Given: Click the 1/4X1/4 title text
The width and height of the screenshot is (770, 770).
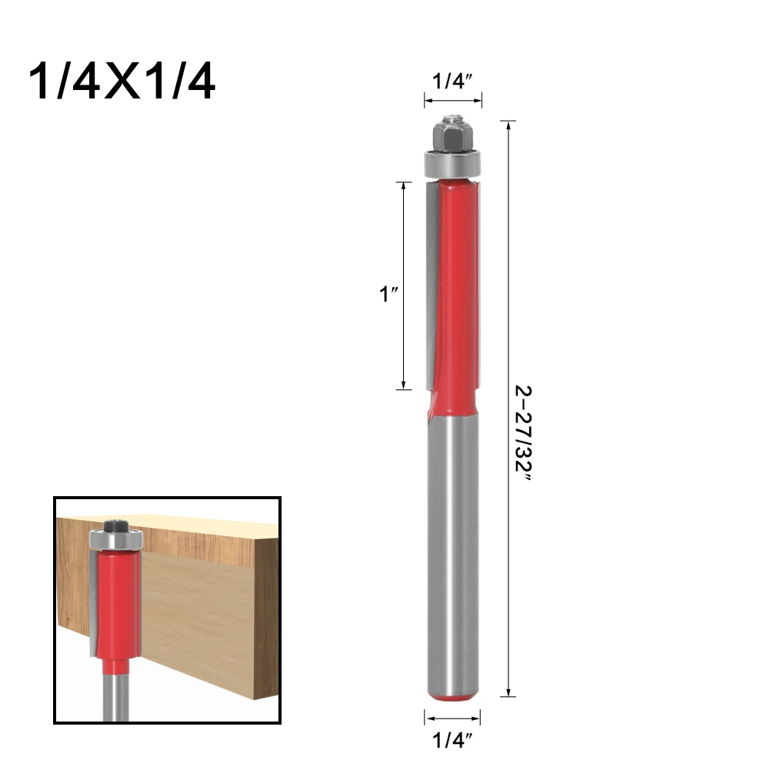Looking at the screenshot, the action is tap(122, 82).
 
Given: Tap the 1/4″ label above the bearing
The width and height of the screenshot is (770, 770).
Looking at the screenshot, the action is tap(452, 81).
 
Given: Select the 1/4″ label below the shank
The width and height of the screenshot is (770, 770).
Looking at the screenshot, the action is tap(452, 740).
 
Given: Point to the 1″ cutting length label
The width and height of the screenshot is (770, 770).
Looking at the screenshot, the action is tap(388, 294).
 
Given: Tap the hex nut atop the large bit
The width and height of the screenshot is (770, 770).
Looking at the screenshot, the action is tap(453, 135).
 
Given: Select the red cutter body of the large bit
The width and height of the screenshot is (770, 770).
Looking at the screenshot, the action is tap(455, 295).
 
